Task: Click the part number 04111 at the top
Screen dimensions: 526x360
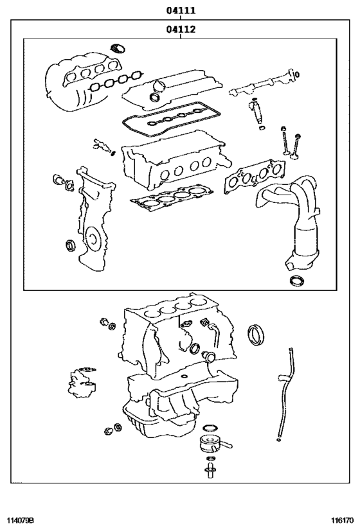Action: [181, 11]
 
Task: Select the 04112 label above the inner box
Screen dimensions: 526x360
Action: [181, 29]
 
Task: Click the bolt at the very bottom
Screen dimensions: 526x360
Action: [210, 475]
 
